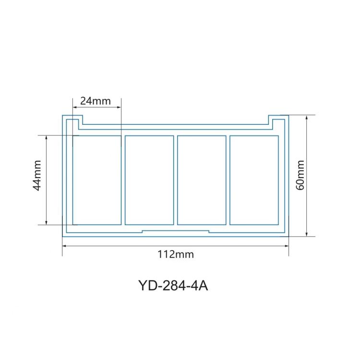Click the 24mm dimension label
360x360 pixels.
[x=96, y=101]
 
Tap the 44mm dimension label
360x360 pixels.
[x=37, y=180]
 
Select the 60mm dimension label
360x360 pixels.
[x=300, y=175]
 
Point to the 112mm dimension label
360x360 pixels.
[x=176, y=254]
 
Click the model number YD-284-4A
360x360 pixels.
[x=173, y=285]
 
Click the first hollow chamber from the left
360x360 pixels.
[x=97, y=180]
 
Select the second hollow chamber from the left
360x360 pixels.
[x=149, y=180]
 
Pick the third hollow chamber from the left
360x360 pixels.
[x=202, y=180]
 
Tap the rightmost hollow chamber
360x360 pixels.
[x=254, y=180]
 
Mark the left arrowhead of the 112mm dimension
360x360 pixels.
[x=64, y=246]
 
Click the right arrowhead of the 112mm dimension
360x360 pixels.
[x=287, y=246]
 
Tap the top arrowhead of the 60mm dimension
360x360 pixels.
[x=307, y=117]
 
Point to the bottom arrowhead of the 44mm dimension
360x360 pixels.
[x=46, y=222]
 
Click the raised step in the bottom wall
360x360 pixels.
[x=176, y=231]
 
